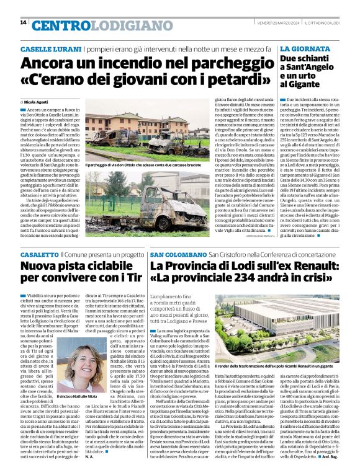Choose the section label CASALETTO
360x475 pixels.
[40, 255]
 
